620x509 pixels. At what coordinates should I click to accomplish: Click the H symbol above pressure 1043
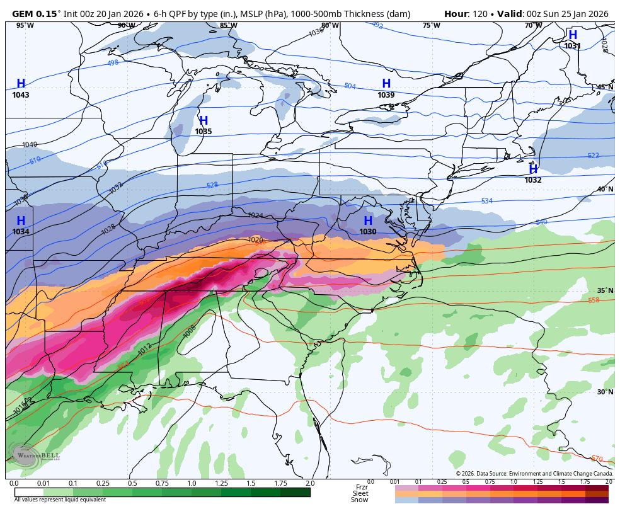click(x=21, y=84)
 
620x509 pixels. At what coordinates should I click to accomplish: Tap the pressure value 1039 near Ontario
click(x=386, y=95)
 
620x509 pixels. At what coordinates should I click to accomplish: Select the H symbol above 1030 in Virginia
click(x=368, y=221)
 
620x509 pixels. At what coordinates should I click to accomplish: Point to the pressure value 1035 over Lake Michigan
click(x=204, y=132)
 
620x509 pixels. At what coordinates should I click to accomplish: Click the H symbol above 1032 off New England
click(x=533, y=169)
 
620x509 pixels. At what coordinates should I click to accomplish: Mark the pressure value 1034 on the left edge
click(x=21, y=232)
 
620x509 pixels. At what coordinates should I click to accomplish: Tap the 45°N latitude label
click(x=605, y=88)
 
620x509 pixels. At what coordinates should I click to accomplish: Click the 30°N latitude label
click(x=605, y=392)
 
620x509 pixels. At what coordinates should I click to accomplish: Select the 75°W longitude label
click(x=431, y=25)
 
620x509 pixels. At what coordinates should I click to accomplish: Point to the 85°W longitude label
click(x=228, y=25)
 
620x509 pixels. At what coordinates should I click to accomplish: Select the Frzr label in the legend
click(x=362, y=487)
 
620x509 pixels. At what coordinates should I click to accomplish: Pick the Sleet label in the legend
click(x=360, y=493)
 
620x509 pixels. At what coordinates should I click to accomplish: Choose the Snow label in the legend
click(x=360, y=500)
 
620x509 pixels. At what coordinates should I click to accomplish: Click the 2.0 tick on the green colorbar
click(x=309, y=483)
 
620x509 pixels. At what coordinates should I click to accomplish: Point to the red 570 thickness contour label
click(x=596, y=458)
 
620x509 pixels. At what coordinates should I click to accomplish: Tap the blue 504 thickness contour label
click(x=350, y=86)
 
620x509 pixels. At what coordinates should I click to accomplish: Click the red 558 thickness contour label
click(x=594, y=300)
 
